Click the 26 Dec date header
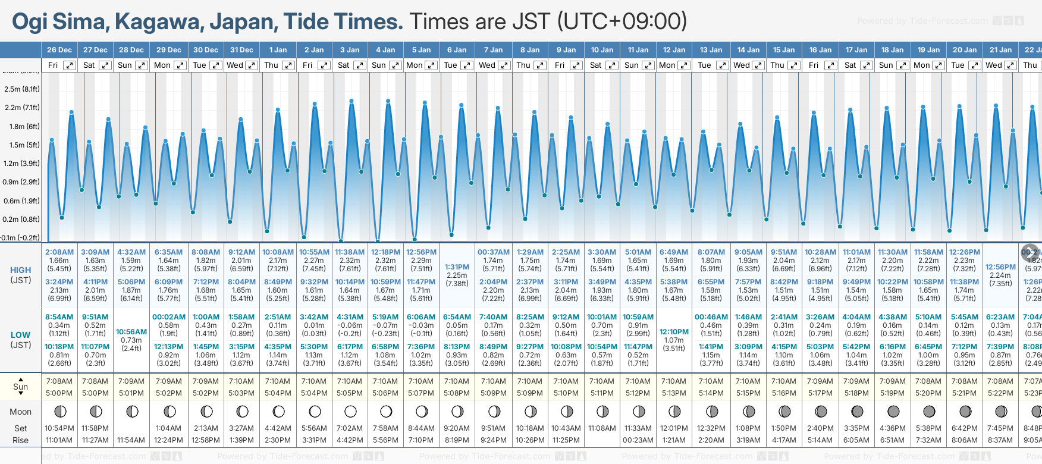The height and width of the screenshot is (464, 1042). pos(59,50)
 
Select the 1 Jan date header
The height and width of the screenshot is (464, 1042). pos(278,50)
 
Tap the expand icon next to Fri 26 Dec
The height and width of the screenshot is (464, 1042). pos(70,65)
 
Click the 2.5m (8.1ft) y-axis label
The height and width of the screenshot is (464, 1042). pos(21,89)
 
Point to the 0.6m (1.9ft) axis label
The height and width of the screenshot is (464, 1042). pos(21,201)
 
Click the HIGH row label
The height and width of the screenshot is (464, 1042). pos(20,270)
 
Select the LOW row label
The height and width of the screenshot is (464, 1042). pos(20,335)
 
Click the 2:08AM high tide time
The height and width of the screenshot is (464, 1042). pos(59,252)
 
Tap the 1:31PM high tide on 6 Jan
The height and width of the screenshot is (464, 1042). pos(457,267)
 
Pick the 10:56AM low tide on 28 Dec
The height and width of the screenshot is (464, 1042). pos(131,332)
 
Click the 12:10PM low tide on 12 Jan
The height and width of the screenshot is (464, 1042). pos(674,332)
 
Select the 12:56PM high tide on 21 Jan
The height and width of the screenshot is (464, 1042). pos(1000,267)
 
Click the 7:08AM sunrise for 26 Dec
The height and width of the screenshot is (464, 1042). pos(59,381)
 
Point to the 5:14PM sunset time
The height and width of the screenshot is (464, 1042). pos(711,393)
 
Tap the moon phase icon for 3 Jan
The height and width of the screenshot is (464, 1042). pos(350,411)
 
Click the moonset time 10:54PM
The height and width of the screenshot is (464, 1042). pos(59,428)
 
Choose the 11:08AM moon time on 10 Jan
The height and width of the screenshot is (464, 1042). pos(602,428)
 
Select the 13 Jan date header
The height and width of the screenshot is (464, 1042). pos(711,50)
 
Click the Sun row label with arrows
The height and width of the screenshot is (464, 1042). pos(20,387)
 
